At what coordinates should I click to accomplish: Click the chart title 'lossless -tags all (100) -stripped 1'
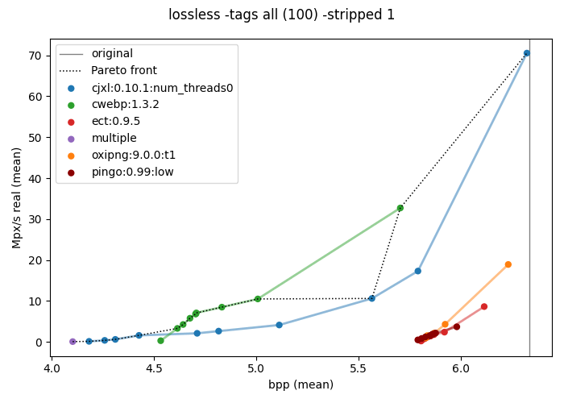[x=282, y=15]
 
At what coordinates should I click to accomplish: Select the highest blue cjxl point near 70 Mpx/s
[x=527, y=53]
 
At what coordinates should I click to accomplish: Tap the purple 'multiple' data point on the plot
[x=73, y=342]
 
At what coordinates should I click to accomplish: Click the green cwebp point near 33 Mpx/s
[x=400, y=208]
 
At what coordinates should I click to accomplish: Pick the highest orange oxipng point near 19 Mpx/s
[x=508, y=264]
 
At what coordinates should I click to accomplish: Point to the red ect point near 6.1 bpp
[x=483, y=306]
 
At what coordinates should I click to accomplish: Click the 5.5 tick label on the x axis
[x=359, y=369]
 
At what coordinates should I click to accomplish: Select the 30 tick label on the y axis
[x=35, y=219]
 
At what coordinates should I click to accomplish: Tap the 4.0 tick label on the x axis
[x=52, y=369]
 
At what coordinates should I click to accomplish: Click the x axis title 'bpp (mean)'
[x=301, y=384]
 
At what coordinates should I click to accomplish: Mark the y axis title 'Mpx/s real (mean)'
[x=17, y=198]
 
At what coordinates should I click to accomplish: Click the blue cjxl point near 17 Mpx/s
[x=417, y=271]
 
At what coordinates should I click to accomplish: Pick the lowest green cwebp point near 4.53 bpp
[x=161, y=340]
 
